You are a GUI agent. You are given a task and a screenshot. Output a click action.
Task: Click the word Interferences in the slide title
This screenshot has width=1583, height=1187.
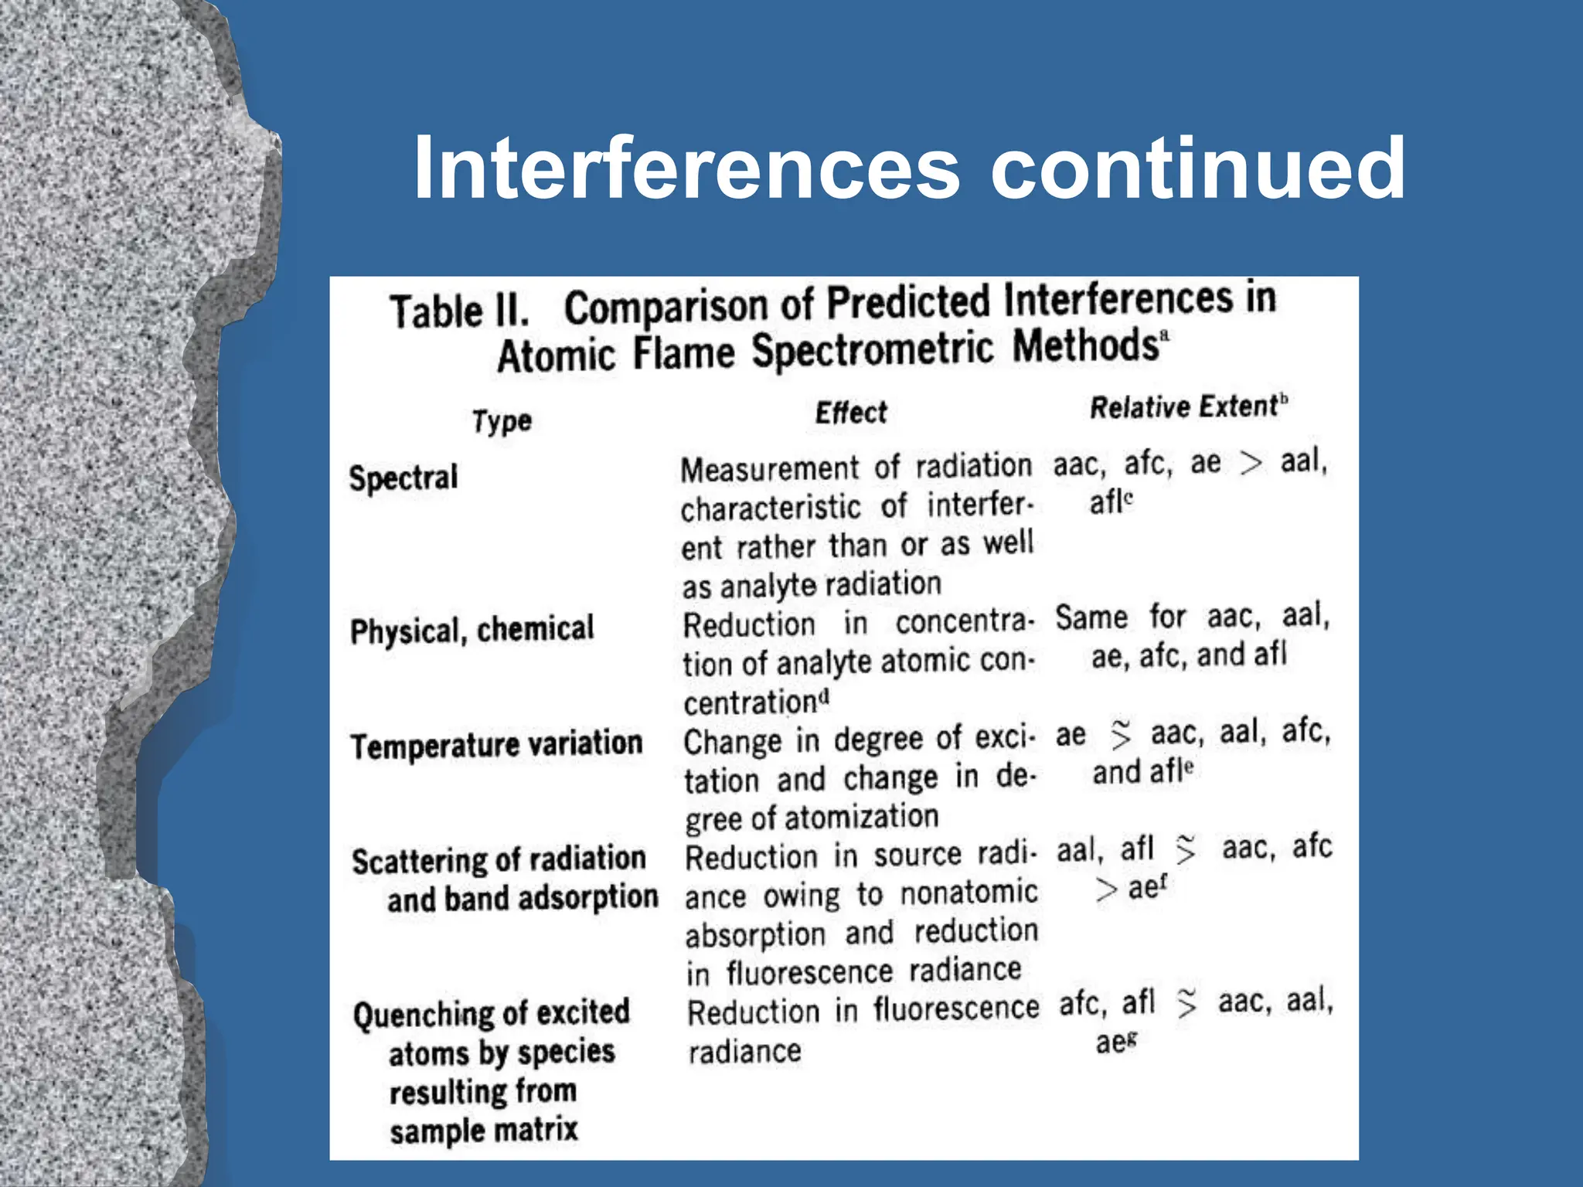tap(686, 168)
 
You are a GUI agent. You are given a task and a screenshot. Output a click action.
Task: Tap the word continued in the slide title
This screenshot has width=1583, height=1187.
tap(1197, 168)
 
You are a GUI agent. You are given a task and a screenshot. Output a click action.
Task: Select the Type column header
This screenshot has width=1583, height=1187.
tap(502, 421)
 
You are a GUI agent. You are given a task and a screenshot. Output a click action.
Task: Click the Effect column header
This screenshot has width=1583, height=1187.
tap(851, 413)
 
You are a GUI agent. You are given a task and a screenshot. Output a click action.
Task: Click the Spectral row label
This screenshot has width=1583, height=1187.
tap(403, 478)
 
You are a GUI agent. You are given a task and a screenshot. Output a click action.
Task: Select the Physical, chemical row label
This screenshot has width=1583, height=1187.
tap(472, 630)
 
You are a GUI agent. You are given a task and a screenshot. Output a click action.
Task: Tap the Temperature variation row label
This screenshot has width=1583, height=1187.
tap(496, 745)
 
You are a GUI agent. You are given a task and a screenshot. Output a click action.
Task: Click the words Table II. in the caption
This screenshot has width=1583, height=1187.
tap(460, 311)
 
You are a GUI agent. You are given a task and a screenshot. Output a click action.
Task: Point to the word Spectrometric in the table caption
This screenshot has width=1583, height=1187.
tap(873, 349)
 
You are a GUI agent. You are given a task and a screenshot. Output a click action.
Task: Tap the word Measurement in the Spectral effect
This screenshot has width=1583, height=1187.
tap(769, 468)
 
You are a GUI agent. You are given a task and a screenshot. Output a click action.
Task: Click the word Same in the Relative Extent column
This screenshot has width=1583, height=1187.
tap(1091, 618)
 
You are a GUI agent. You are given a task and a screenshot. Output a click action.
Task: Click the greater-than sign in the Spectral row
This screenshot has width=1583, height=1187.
tap(1251, 463)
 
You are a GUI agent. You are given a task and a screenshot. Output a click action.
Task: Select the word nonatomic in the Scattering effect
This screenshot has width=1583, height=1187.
tap(969, 893)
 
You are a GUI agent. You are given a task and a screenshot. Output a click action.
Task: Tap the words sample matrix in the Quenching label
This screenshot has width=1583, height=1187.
tap(484, 1131)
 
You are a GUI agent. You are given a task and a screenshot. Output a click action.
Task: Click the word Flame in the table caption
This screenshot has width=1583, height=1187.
tap(683, 353)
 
